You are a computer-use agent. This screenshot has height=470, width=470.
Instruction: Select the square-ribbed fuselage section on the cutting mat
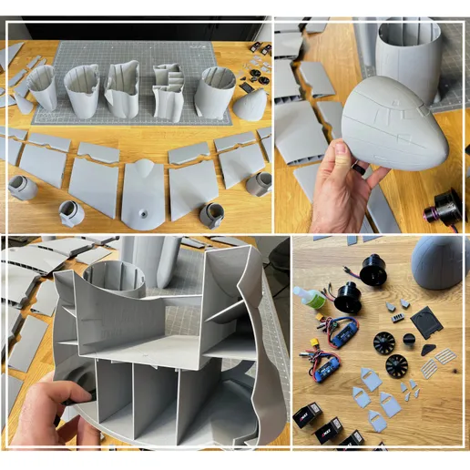tap(169, 91)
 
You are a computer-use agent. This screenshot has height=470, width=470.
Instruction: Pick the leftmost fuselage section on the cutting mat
tap(42, 87)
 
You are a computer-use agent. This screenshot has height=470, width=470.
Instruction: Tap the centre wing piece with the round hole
tap(143, 193)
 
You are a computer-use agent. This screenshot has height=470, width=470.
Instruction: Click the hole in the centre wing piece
tap(143, 211)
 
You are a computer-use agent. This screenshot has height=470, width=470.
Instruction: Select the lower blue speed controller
tap(328, 366)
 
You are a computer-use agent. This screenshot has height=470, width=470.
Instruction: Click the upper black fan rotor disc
tap(387, 342)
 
